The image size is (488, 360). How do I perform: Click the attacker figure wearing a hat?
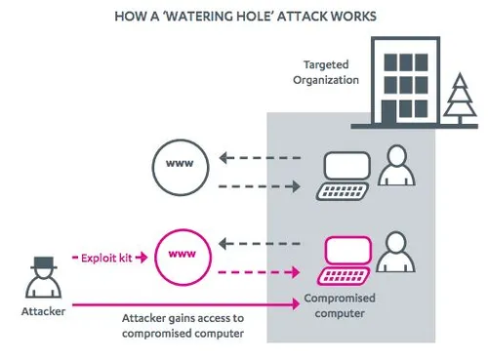tap(41, 278)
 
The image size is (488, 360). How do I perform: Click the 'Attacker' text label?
tap(41, 313)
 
